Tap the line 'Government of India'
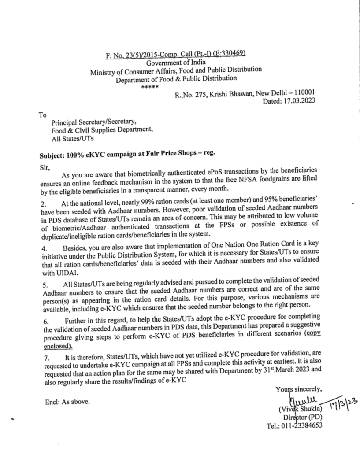[176, 62]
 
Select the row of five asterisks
[147, 87]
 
